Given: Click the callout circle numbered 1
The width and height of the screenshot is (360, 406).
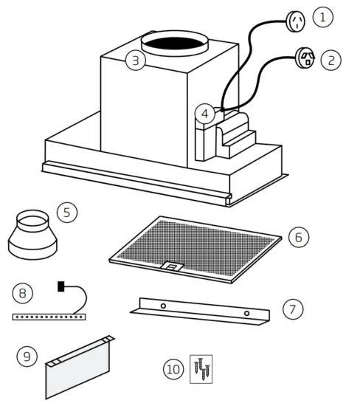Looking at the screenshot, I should pos(322,16).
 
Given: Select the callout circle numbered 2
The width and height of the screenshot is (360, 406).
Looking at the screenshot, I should pos(331,59).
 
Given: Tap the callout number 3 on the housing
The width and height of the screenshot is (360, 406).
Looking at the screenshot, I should pos(134,61).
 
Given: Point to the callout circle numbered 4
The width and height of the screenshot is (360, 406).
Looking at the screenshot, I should pos(206,114).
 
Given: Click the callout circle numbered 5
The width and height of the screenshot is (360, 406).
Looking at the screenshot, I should pos(66,213).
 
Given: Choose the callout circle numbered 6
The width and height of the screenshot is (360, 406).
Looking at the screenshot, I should pos(298,237).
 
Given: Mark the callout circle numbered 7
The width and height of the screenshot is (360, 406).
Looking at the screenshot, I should pos(292,308).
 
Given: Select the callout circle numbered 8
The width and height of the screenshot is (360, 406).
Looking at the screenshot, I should pos(23,293).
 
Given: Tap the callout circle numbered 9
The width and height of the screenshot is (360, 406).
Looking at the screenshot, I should pos(27,357).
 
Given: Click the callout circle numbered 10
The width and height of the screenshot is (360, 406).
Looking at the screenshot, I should pos(173,368).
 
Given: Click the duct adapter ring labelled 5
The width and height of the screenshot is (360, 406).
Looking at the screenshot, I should pos(30,235).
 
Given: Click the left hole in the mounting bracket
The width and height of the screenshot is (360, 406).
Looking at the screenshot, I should pos(163,305).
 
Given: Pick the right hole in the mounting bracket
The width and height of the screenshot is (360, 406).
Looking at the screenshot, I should pos(246,314).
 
